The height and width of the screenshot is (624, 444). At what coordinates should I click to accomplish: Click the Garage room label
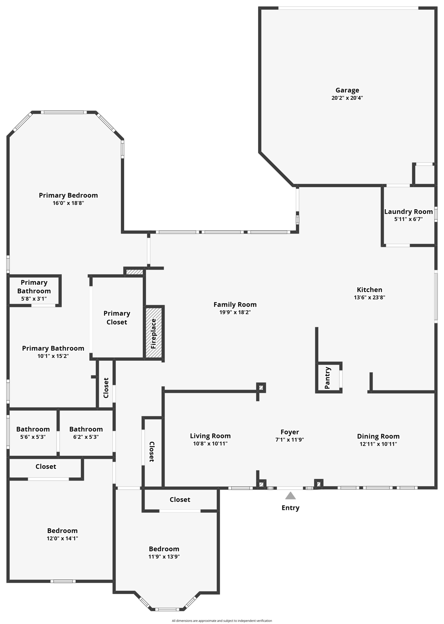coord(347,90)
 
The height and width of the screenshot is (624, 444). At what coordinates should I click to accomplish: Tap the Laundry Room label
coord(408,212)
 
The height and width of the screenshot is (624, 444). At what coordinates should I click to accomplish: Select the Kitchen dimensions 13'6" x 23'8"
coord(369,297)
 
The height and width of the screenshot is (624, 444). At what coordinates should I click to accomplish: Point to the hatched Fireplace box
coord(154,333)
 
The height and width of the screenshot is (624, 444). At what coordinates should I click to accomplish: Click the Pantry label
coord(328,377)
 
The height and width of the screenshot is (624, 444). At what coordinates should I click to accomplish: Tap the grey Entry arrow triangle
coord(290,496)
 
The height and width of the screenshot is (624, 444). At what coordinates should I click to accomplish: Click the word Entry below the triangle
coord(290,508)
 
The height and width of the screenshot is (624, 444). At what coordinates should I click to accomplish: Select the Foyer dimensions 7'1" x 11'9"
coord(289,440)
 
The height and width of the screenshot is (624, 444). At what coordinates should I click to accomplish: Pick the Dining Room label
coord(378,436)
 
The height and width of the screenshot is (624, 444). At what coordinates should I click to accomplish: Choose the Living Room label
coord(210,436)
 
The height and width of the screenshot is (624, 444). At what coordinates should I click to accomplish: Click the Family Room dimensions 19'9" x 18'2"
coord(235,312)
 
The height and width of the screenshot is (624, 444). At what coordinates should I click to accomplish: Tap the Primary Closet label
coord(117,318)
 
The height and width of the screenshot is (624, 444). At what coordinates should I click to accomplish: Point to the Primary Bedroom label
coord(68,195)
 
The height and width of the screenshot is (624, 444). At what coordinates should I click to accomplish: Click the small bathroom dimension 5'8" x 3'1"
coord(34,299)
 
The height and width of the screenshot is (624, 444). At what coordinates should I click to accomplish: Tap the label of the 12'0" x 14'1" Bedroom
coord(62,531)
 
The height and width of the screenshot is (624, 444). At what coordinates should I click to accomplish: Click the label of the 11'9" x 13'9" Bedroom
coord(164,549)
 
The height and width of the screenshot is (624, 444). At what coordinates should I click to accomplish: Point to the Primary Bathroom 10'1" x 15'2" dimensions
coord(53,356)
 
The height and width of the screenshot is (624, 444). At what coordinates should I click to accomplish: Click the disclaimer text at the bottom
coord(222,621)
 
